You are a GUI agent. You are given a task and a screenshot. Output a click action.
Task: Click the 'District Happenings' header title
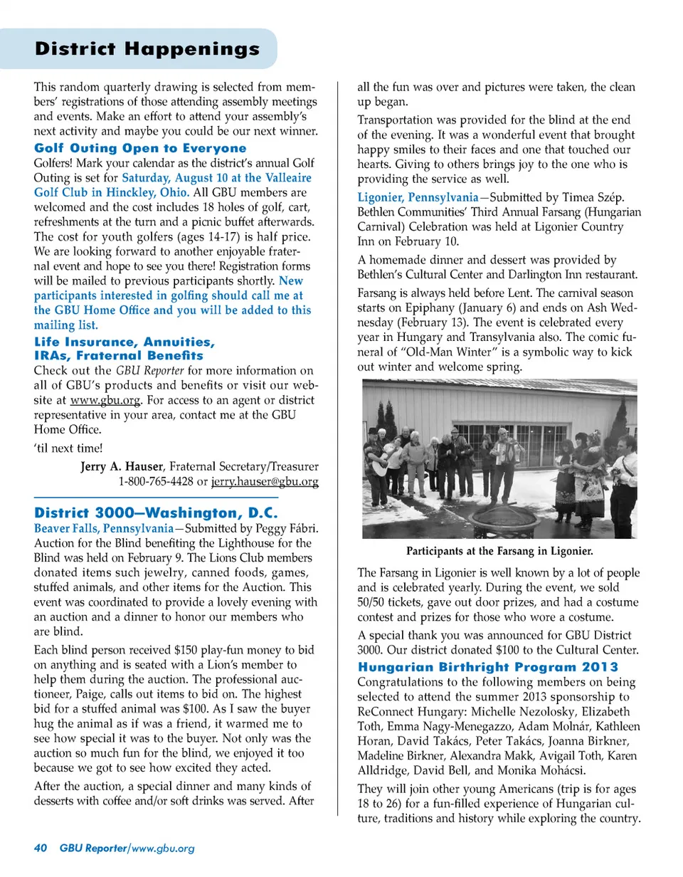coord(147,49)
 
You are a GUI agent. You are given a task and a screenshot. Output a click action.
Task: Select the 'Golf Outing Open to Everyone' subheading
coord(140,149)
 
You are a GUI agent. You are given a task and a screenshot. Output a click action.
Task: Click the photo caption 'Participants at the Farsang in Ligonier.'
coord(499,551)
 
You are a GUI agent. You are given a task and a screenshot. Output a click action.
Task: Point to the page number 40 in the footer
coord(41,848)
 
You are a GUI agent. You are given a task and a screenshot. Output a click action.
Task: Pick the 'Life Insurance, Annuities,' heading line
coord(125,342)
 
